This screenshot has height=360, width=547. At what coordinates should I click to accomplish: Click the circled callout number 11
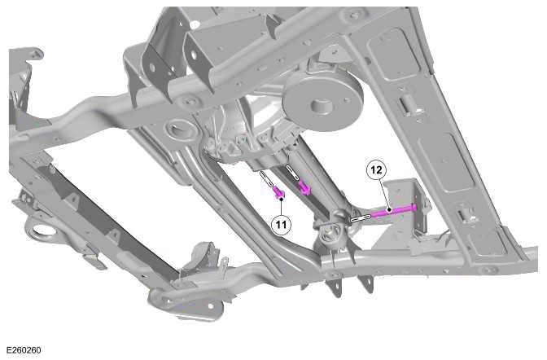click(280, 221)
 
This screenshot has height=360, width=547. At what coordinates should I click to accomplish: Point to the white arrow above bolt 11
click(266, 178)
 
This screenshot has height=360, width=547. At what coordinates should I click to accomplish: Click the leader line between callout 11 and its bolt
click(279, 205)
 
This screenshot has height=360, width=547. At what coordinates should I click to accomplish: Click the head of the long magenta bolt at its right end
click(418, 207)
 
